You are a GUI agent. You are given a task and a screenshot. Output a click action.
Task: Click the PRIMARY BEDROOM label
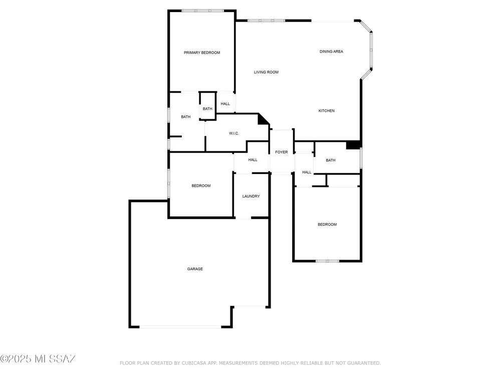tap(202, 53)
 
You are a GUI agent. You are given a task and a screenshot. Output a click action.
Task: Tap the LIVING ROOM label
tap(266, 72)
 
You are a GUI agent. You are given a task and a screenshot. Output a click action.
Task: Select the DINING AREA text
tap(331, 52)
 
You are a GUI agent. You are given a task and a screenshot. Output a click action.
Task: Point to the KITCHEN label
tap(327, 111)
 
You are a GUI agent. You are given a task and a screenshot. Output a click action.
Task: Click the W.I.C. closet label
tap(234, 133)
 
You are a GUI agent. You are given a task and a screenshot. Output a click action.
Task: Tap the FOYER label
tap(282, 152)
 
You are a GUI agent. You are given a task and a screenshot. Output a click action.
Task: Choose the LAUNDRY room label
tap(251, 197)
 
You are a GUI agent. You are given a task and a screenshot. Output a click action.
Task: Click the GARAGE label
tap(195, 269)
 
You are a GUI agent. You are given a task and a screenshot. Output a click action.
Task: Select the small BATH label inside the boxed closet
tap(207, 109)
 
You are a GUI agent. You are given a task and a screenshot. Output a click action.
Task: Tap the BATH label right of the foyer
tap(331, 160)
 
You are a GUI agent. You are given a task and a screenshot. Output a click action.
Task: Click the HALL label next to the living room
tap(225, 104)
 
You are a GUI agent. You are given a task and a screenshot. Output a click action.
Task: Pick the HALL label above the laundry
tap(253, 160)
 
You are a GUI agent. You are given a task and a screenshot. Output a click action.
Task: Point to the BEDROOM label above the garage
tap(201, 186)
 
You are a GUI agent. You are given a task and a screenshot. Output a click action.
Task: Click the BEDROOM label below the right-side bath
tap(327, 225)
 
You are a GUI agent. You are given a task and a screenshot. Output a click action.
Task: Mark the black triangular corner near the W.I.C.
tap(263, 119)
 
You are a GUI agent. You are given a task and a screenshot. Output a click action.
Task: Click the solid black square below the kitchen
tap(353, 145)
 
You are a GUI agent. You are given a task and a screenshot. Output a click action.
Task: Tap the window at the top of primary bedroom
tap(202, 11)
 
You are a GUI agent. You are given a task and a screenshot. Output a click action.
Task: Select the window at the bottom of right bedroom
tap(328, 261)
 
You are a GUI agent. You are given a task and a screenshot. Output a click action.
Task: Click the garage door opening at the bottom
tap(180, 327)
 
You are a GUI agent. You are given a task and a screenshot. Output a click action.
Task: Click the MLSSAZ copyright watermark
tap(38, 359)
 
